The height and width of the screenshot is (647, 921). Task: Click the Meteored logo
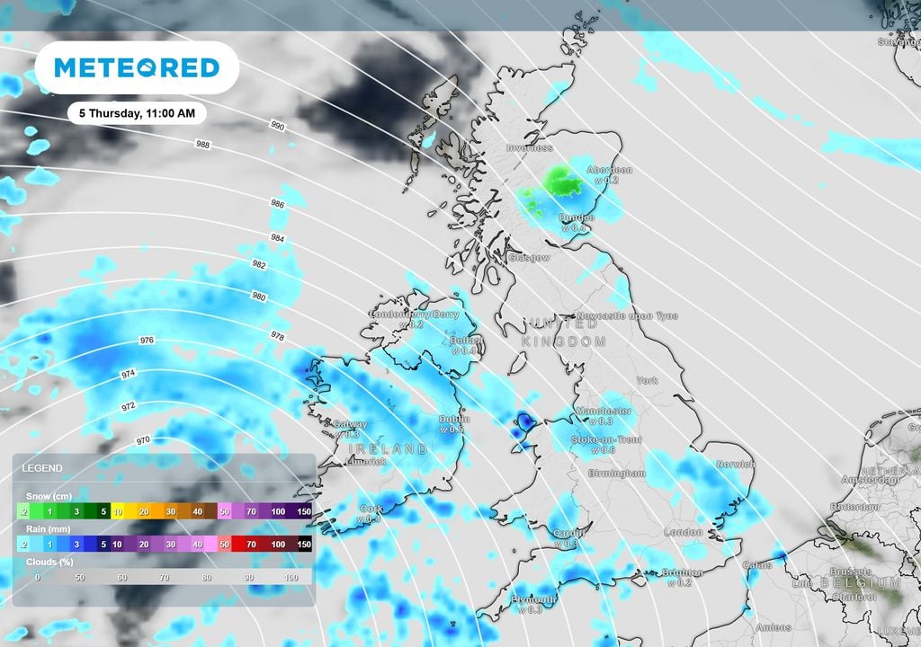(x=137, y=67)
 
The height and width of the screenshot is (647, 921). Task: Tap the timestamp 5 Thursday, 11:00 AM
(x=137, y=114)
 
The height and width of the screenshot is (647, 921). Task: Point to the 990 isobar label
(x=277, y=127)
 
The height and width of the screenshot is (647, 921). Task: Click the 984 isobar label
(x=277, y=237)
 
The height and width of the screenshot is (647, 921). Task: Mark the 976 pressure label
(x=148, y=341)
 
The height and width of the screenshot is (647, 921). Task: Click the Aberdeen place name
(x=609, y=170)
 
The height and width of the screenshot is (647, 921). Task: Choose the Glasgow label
(x=529, y=258)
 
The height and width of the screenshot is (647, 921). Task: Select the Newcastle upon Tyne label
(x=628, y=316)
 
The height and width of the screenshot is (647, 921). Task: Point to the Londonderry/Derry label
(x=416, y=315)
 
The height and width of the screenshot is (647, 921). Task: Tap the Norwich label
(x=735, y=465)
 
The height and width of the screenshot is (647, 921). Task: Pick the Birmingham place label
(x=616, y=473)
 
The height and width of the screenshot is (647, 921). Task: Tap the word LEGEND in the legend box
(x=42, y=468)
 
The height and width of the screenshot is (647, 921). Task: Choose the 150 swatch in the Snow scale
(x=304, y=511)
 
